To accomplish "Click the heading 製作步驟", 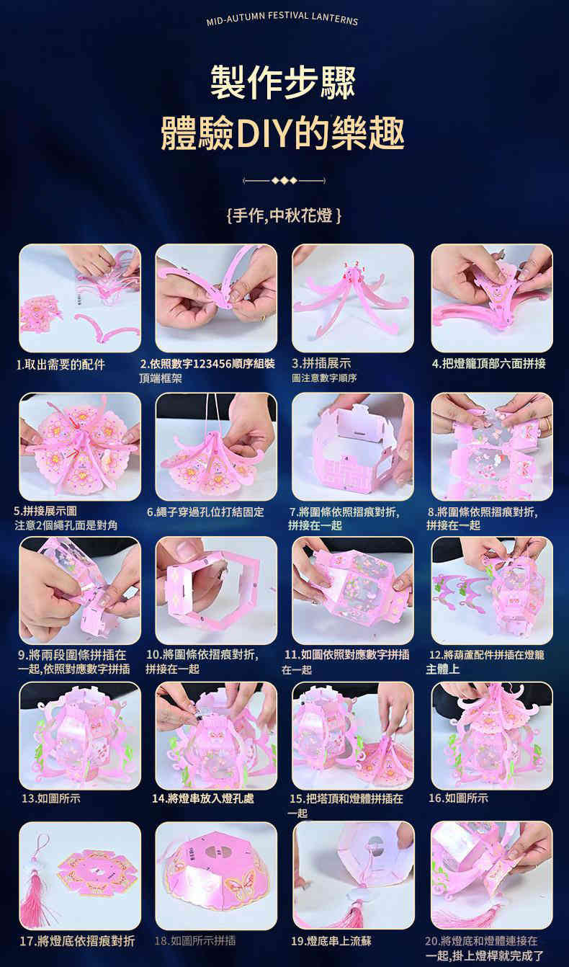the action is pyautogui.click(x=283, y=83).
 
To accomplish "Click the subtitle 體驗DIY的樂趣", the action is pyautogui.click(x=283, y=133).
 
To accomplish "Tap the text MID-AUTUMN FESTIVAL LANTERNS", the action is pyautogui.click(x=282, y=18).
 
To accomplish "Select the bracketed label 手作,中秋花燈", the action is pyautogui.click(x=284, y=215).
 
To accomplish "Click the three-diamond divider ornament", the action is pyautogui.click(x=284, y=180).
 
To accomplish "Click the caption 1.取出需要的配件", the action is pyautogui.click(x=61, y=365).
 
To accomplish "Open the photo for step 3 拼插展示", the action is pyautogui.click(x=353, y=298).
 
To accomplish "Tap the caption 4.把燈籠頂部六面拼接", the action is pyautogui.click(x=489, y=363).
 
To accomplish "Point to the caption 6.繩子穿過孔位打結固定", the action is pyautogui.click(x=205, y=512).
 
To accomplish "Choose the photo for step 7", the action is pyautogui.click(x=353, y=447).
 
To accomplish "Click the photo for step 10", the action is pyautogui.click(x=216, y=591).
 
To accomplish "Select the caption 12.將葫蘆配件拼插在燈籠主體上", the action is pyautogui.click(x=485, y=661).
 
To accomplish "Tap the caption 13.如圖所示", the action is pyautogui.click(x=51, y=798).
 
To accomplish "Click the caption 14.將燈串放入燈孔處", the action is pyautogui.click(x=203, y=798).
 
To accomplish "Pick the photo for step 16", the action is pyautogui.click(x=492, y=736).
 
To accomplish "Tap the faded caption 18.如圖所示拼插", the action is pyautogui.click(x=195, y=940).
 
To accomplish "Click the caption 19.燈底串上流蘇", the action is pyautogui.click(x=331, y=941).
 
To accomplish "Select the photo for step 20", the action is pyautogui.click(x=492, y=875).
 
